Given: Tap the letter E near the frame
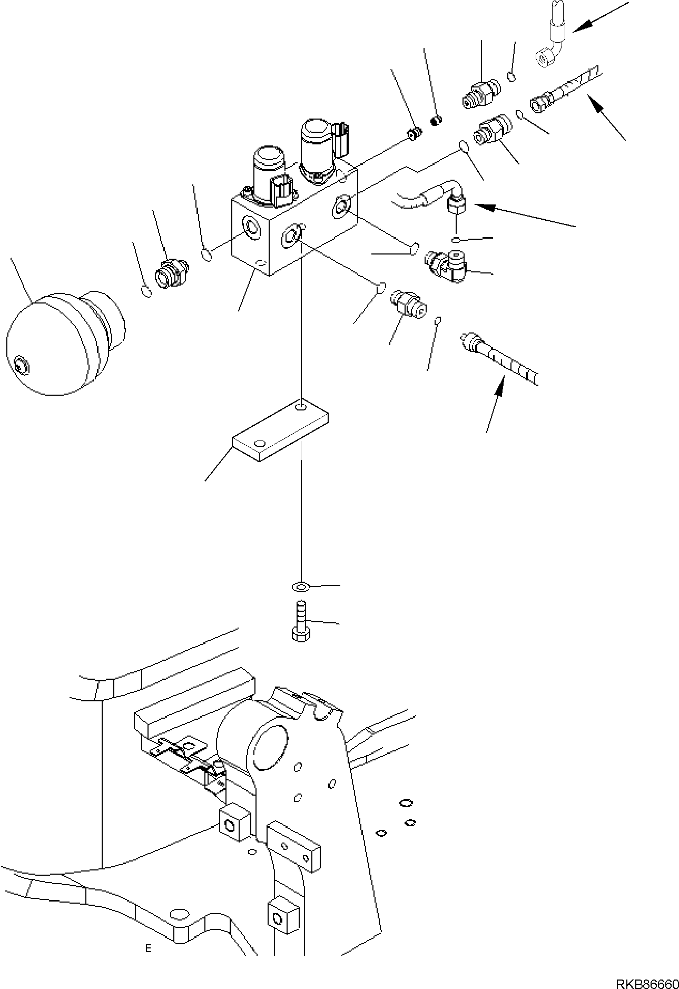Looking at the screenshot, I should pos(149,948).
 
